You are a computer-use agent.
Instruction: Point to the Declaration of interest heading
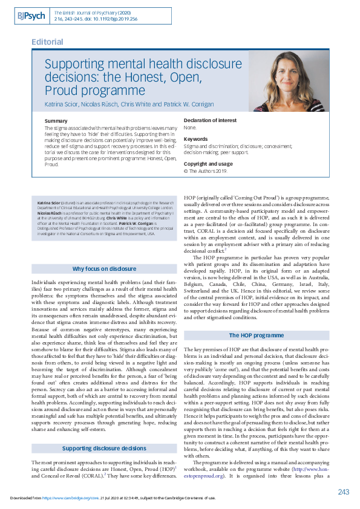tap(210, 120)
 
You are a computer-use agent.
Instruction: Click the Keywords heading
tap(195, 139)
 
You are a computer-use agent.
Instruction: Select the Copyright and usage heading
tap(208, 164)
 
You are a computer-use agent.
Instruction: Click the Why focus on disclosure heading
tap(104, 268)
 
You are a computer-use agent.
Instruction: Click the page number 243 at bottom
tap(342, 491)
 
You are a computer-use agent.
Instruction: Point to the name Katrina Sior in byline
tap(62, 105)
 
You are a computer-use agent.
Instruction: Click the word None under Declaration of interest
tap(190, 128)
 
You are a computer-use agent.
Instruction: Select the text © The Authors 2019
tap(204, 171)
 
